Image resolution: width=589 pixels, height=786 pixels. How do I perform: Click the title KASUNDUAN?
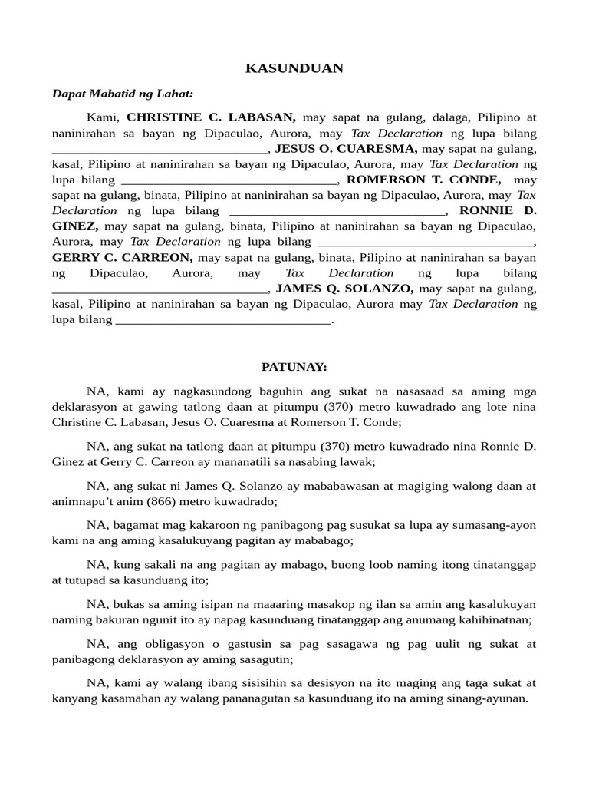[x=294, y=68]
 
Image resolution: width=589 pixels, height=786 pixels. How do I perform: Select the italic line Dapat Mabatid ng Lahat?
[x=123, y=94]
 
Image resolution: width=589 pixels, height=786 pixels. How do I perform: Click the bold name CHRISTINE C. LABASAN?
[x=212, y=117]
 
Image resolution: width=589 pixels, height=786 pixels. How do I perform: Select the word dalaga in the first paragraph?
[x=451, y=117]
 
